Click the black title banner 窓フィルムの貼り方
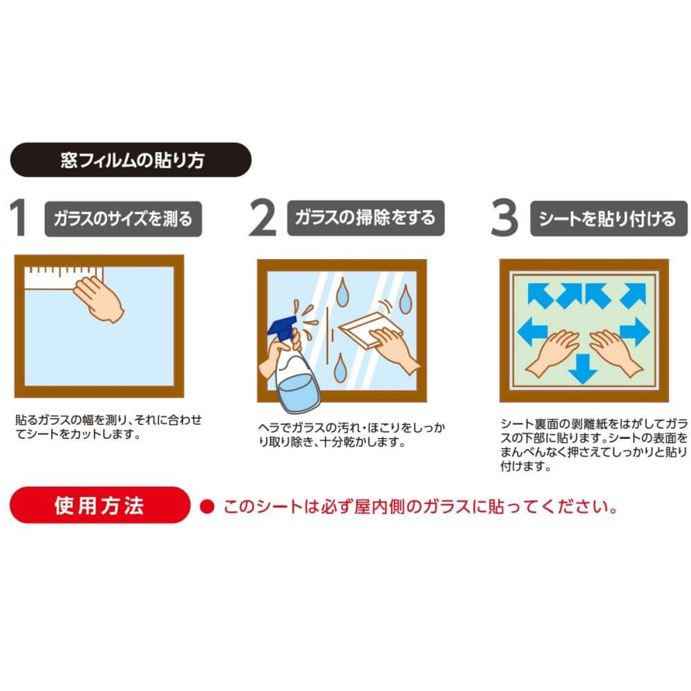pos(131,160)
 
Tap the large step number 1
pos(18,217)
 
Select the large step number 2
pos(263,217)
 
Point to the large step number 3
pos(504,217)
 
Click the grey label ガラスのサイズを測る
pos(124,218)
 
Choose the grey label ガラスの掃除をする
pos(366,218)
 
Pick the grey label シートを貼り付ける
pos(609,218)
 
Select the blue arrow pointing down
pos(583,369)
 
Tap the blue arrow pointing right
pos(634,332)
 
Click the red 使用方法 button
pos(100,505)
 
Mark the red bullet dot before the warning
pos(207,507)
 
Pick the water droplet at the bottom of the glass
pos(340,368)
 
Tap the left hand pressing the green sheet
pos(552,352)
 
